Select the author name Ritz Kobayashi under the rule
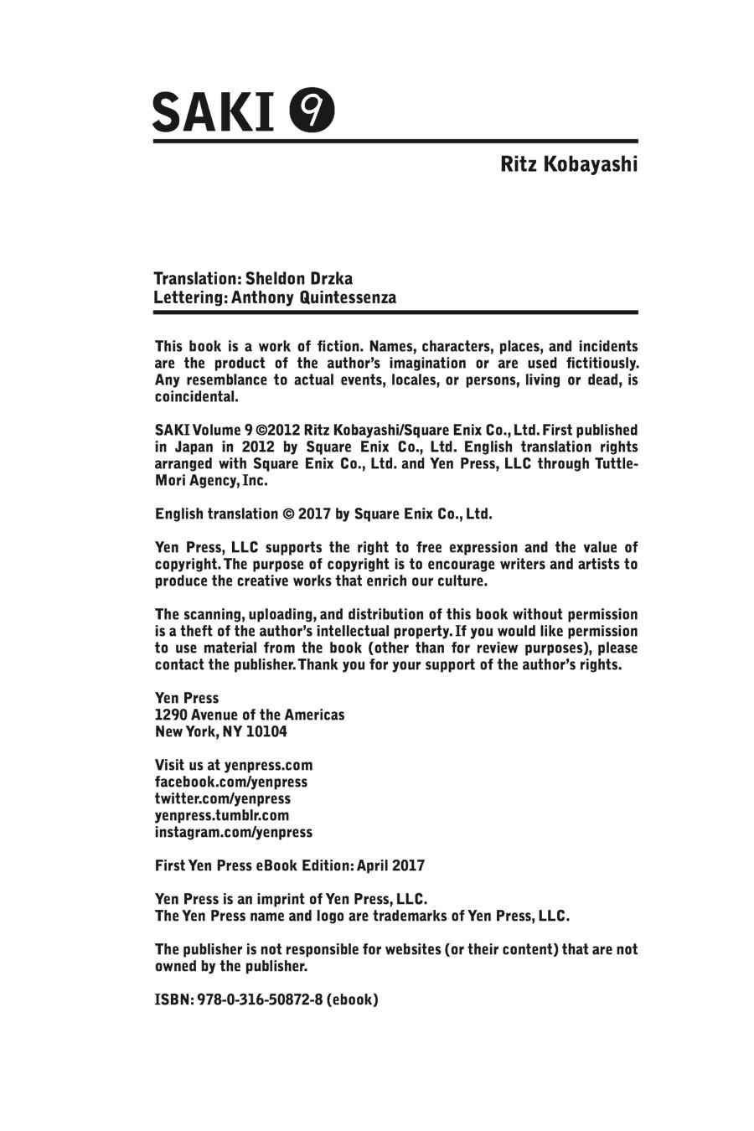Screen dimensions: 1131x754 (x=569, y=163)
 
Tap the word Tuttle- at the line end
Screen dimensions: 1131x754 (x=615, y=464)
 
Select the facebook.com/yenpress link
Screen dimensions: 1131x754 (x=231, y=782)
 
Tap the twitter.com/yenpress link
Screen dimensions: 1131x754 (x=223, y=798)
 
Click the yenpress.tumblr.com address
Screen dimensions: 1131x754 (x=222, y=815)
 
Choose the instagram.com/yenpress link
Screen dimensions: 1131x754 (x=234, y=832)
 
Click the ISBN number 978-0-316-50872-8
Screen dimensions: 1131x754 (x=261, y=999)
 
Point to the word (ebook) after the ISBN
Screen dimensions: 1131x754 (x=353, y=999)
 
